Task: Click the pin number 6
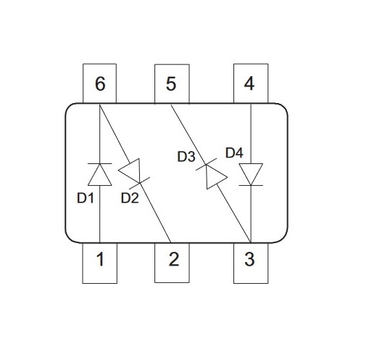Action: (x=100, y=83)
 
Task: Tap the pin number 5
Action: (x=171, y=83)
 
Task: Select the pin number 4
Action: (x=249, y=83)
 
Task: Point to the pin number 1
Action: (x=101, y=259)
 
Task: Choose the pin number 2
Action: (x=174, y=259)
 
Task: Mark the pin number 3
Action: (x=249, y=259)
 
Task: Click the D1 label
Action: (x=86, y=198)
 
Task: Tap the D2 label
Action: (x=130, y=198)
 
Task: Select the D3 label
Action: (x=186, y=157)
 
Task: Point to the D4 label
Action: (x=234, y=153)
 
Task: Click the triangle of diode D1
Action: (x=100, y=175)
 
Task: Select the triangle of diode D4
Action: (x=251, y=174)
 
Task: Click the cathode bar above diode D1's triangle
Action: (x=100, y=164)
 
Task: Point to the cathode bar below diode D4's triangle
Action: (x=251, y=185)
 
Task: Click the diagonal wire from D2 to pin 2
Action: (x=155, y=213)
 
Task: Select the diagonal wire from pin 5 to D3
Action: (x=188, y=135)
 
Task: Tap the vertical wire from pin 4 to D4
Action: (x=251, y=134)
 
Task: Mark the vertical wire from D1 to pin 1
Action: (x=100, y=214)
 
